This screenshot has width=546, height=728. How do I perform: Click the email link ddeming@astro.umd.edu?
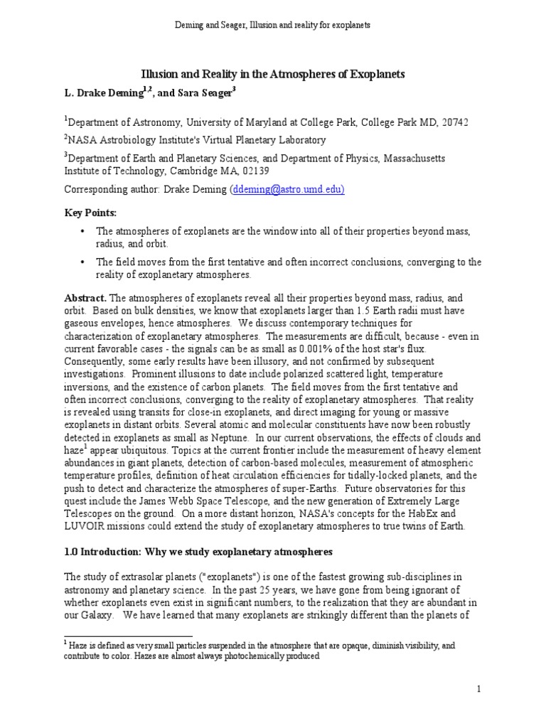coord(287,190)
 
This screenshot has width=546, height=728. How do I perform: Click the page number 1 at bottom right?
coord(479,689)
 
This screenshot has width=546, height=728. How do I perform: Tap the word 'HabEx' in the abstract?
coord(438,514)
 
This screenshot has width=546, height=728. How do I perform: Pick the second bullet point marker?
coord(83,262)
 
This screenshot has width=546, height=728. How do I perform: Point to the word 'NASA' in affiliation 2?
coord(83,140)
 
